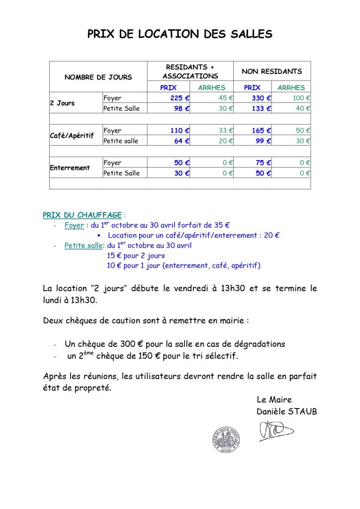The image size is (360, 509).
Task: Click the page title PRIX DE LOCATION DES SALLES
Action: (180, 34)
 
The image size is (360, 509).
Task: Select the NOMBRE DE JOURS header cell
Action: (98, 77)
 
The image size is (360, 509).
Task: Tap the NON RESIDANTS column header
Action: (271, 72)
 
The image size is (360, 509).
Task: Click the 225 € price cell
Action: (180, 98)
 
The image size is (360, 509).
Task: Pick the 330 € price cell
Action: (261, 98)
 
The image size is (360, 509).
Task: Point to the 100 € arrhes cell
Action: (301, 98)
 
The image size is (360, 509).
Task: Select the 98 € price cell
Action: (181, 108)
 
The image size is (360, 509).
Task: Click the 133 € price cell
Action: (261, 108)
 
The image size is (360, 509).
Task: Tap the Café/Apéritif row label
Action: (72, 135)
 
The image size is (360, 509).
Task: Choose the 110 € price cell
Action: (180, 131)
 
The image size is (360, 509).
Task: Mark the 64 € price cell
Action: (181, 141)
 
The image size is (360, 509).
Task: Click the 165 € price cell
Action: (261, 131)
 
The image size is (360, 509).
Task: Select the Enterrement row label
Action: (70, 168)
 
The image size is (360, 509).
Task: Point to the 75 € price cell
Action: (264, 163)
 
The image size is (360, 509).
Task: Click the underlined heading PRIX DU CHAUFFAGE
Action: (82, 215)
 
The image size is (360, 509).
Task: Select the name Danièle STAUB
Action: (286, 412)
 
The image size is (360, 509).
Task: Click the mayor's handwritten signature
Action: (276, 430)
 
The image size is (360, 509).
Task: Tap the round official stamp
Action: (227, 439)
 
